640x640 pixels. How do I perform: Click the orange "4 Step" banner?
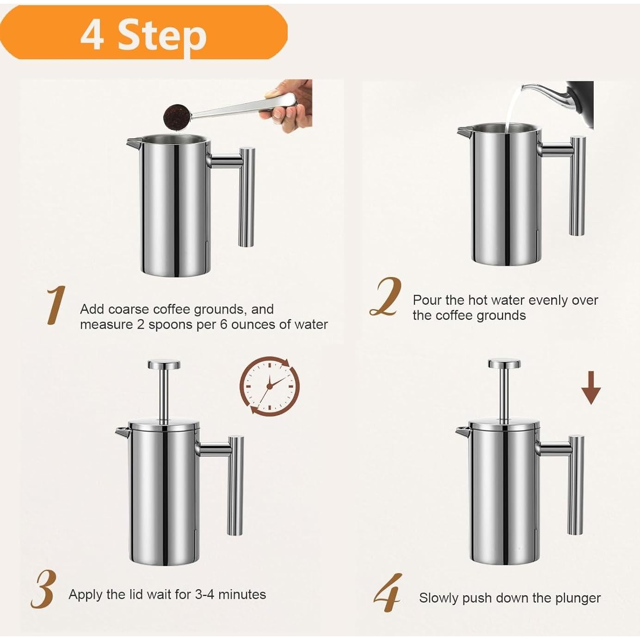tap(144, 32)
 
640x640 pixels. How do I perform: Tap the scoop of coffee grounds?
tap(176, 117)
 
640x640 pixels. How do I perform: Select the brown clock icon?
tap(269, 386)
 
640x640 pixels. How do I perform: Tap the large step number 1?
tap(56, 305)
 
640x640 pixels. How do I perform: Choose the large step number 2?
tap(386, 297)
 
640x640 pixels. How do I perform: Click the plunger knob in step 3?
tap(164, 365)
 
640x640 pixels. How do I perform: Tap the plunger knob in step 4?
tap(504, 363)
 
